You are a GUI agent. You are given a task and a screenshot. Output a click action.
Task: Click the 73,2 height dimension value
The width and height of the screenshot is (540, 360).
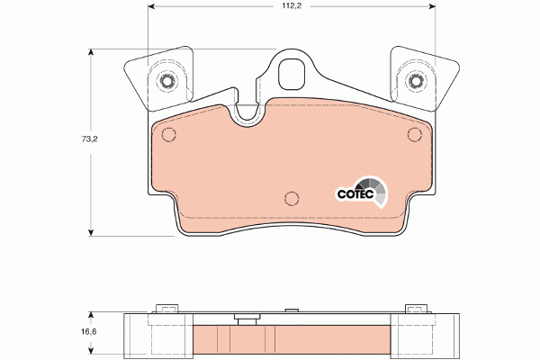89,139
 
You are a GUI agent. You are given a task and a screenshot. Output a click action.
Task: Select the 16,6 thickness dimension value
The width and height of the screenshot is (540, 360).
89,332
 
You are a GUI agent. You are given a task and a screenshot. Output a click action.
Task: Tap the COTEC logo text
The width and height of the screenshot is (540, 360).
355,194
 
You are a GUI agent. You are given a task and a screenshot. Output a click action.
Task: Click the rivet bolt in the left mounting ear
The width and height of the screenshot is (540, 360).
167,81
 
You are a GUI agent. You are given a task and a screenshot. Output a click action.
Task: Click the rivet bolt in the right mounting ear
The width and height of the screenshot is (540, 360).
415,81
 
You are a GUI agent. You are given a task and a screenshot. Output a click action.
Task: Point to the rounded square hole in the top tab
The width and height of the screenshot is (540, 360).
292,74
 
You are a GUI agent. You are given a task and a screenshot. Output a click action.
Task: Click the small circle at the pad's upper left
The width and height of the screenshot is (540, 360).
169,134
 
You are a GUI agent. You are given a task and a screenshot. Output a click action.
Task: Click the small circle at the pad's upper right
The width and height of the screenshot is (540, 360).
414,134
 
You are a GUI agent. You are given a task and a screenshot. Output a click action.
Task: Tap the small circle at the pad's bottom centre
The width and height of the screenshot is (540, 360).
292,198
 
